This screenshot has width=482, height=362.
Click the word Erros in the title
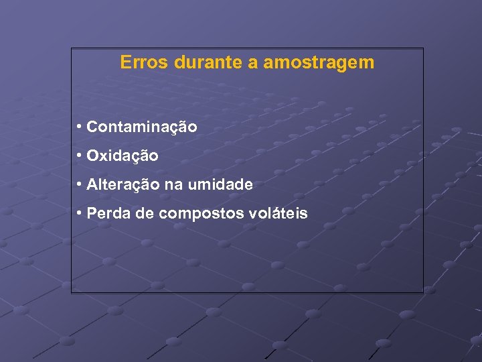tap(144, 63)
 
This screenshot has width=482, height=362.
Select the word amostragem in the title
tap(319, 64)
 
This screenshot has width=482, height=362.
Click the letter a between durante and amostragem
tap(254, 64)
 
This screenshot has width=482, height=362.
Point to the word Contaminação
tap(142, 127)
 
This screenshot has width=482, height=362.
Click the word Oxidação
tap(123, 156)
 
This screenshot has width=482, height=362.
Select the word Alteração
tap(121, 185)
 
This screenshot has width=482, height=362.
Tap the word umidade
tap(222, 185)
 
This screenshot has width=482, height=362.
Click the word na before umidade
tap(173, 186)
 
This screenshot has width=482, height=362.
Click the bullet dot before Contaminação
tap(79, 127)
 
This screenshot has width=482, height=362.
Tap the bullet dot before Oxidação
tap(79, 156)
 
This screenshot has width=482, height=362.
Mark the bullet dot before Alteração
tap(79, 184)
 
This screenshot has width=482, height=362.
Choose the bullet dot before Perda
tap(79, 214)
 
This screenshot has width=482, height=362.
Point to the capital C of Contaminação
tap(92, 127)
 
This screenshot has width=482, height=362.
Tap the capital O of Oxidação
tap(92, 156)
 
